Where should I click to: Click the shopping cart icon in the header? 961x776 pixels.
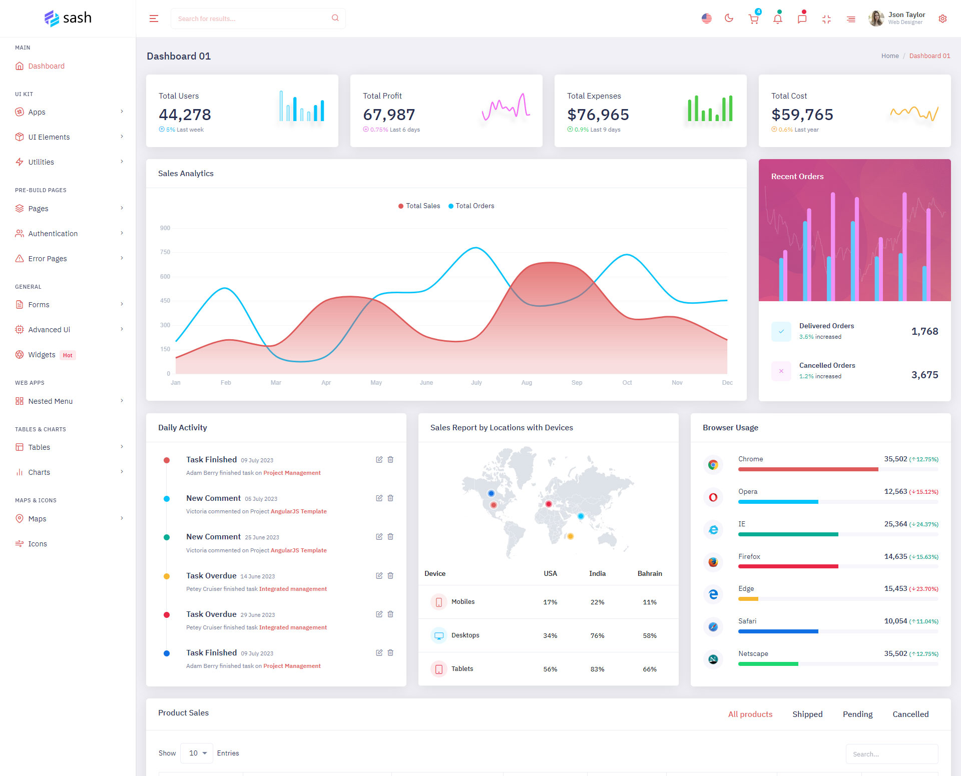point(753,19)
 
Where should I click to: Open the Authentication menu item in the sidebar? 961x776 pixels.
point(53,234)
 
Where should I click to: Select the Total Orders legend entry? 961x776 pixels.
point(471,206)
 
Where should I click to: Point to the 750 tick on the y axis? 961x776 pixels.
point(165,252)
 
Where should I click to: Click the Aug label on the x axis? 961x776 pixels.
point(527,383)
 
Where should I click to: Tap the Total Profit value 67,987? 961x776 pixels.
point(389,115)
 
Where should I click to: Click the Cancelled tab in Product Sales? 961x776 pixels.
point(910,714)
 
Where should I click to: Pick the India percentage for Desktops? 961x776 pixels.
point(597,636)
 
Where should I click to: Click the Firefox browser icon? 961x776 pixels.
point(713,562)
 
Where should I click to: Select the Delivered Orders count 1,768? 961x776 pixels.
point(924,331)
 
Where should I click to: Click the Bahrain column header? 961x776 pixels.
point(650,574)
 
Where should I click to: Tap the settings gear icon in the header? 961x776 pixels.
point(942,19)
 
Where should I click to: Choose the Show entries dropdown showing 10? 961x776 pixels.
point(197,753)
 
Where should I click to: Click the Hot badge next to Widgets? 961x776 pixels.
point(68,355)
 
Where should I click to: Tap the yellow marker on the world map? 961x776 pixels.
point(570,536)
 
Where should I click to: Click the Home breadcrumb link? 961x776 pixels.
point(890,56)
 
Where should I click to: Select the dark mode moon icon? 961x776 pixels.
point(729,19)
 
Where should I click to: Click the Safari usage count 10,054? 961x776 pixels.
point(895,621)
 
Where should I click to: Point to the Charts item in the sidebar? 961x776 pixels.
point(39,472)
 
